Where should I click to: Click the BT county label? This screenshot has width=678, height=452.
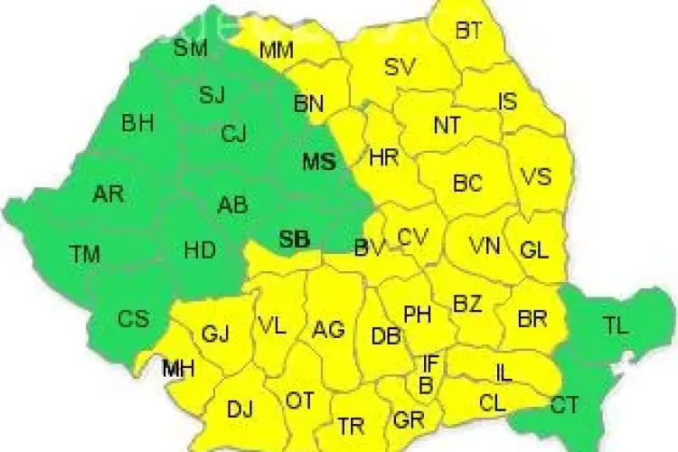tap(468, 31)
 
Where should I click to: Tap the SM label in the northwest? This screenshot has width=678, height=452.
tap(190, 48)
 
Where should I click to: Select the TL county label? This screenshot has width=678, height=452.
tap(616, 327)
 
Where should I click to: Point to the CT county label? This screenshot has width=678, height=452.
tap(565, 406)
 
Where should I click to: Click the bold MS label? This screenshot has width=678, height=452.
tap(318, 163)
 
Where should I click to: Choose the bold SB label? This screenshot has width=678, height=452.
tap(294, 240)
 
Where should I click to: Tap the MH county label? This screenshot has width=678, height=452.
tap(178, 368)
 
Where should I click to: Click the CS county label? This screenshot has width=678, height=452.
tap(132, 319)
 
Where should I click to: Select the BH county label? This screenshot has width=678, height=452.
tap(137, 124)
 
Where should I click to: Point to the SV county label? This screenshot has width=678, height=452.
tap(399, 67)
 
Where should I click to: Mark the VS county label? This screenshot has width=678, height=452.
tap(536, 176)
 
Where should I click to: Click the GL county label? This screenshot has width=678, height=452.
tap(534, 250)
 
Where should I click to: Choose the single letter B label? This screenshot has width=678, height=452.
tap(425, 386)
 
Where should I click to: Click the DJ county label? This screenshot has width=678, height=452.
tap(240, 410)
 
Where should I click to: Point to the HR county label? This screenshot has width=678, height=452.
tap(384, 158)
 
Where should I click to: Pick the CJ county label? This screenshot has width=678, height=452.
tap(233, 135)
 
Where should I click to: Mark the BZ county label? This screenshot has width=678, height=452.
tap(467, 304)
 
